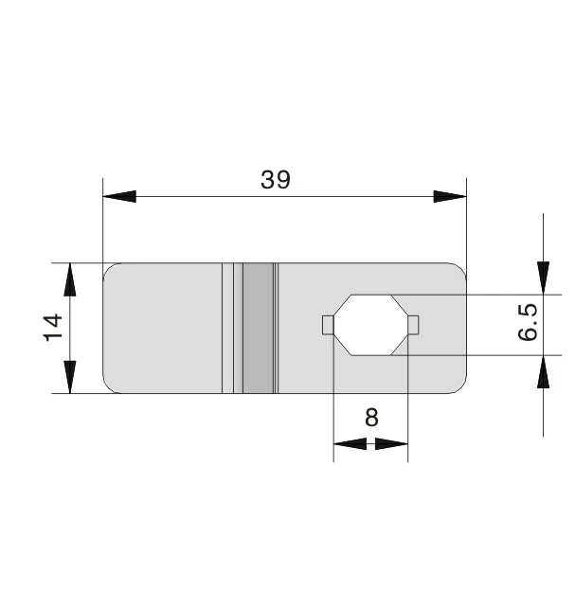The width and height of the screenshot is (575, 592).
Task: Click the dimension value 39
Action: [276, 180]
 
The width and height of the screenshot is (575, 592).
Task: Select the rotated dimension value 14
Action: [53, 327]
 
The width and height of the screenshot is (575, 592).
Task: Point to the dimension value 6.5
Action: [529, 323]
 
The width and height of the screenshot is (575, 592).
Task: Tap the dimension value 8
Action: [370, 417]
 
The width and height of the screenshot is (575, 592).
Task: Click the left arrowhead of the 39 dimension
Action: [119, 197]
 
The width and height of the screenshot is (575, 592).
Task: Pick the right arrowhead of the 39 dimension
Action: [450, 197]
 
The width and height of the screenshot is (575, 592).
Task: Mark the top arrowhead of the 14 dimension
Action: [69, 280]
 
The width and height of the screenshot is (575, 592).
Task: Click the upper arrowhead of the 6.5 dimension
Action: [543, 277]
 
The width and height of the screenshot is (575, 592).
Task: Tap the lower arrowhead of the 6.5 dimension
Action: [543, 372]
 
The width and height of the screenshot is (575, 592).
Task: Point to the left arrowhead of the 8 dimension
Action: [350, 443]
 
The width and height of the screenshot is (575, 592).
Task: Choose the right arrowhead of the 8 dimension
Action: [391, 443]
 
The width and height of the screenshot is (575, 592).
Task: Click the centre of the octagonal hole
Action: [370, 325]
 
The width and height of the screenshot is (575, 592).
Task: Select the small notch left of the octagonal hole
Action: [327, 325]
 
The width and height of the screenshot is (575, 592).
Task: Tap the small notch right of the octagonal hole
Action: [413, 325]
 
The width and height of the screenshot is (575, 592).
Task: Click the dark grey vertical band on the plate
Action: [257, 327]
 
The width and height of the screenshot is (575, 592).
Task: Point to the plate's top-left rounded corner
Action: [108, 268]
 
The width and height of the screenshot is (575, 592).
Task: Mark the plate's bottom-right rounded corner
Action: [461, 386]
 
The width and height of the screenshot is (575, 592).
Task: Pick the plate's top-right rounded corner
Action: [461, 268]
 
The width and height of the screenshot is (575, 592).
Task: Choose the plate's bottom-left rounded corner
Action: [108, 386]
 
